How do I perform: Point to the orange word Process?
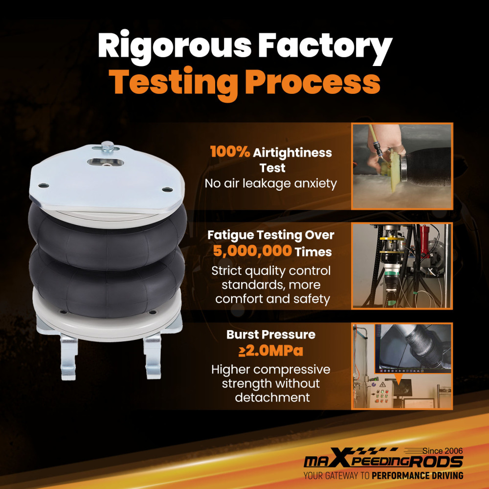(312, 82)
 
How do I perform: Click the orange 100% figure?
(230, 152)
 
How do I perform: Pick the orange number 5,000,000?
(252, 251)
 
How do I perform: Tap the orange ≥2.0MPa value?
(271, 351)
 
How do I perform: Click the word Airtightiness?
(292, 153)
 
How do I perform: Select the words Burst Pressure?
(271, 334)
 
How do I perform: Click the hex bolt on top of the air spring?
(108, 146)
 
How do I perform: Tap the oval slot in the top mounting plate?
(105, 162)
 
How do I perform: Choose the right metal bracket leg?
(153, 356)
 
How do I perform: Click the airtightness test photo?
(402, 166)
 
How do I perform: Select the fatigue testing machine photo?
(402, 266)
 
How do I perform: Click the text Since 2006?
(443, 451)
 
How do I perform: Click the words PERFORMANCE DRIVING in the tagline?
(417, 476)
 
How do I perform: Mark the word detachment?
(272, 397)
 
